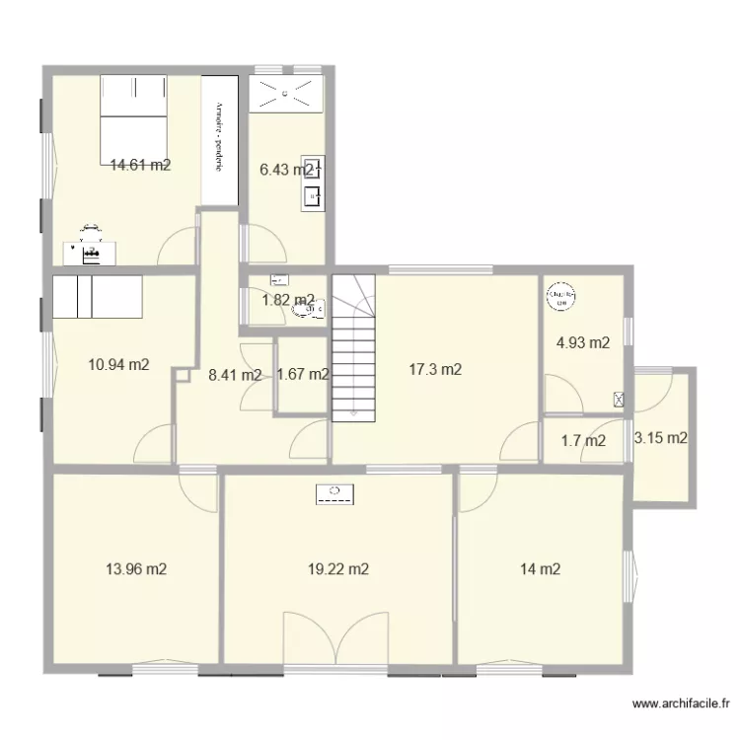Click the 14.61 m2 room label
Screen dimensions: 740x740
coord(141,166)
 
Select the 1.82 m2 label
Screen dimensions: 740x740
coord(288,301)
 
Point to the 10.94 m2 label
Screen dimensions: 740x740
coord(118,364)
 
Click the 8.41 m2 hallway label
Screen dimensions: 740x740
coord(234,375)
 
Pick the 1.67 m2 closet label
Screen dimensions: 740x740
coord(303,374)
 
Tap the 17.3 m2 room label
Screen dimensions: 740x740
coord(436,370)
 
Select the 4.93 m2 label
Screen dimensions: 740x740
coord(583,343)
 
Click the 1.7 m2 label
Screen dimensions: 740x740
coord(582,441)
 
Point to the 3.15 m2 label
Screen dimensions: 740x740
coord(661,438)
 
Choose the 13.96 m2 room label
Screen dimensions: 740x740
coord(135,568)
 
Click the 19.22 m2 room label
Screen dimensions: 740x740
coord(338,568)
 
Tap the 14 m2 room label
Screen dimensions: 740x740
coord(541,568)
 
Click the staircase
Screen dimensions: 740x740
coord(354,347)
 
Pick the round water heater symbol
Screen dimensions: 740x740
coord(562,295)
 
